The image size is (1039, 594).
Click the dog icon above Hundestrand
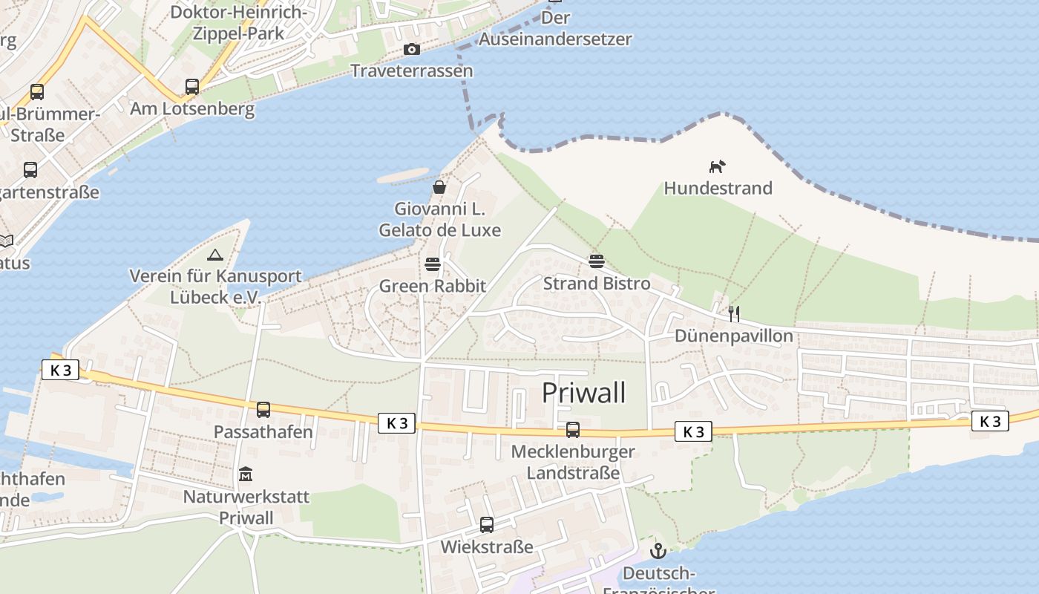(x=717, y=166)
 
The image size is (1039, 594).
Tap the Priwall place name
(x=583, y=393)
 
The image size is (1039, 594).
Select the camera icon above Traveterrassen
(x=411, y=50)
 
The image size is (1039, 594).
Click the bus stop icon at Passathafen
(x=263, y=410)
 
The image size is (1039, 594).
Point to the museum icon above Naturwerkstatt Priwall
(x=246, y=474)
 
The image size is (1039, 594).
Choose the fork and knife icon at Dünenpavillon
(x=734, y=314)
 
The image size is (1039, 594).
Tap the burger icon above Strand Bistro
(x=597, y=261)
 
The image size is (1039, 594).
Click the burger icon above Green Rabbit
(x=433, y=264)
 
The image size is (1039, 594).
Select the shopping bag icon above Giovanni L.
(x=439, y=186)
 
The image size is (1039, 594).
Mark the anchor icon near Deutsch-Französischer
(x=658, y=551)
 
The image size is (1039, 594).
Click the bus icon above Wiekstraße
(x=487, y=525)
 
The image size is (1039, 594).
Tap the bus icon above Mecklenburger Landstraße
(x=573, y=430)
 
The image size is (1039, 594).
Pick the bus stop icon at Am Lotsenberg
(x=192, y=87)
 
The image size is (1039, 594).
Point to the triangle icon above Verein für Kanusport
(x=215, y=255)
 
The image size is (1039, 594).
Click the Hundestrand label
(x=718, y=189)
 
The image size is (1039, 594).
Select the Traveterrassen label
(x=411, y=71)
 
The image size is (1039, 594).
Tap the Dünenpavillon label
(x=733, y=336)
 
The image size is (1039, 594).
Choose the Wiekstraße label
(x=487, y=547)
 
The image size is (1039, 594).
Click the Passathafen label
(x=263, y=432)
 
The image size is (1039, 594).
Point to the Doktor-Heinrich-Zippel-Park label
(x=238, y=23)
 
